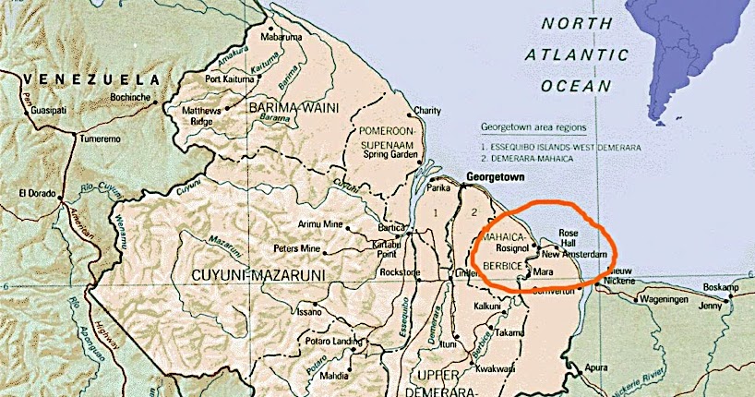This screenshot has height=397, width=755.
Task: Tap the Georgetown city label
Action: [496, 175]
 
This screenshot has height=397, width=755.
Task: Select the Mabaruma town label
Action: [282, 38]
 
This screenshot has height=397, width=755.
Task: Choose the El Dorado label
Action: [35, 194]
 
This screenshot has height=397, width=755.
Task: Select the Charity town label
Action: [427, 111]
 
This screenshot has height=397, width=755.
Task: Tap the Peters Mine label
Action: [297, 249]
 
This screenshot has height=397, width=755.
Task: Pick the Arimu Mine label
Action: [320, 224]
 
